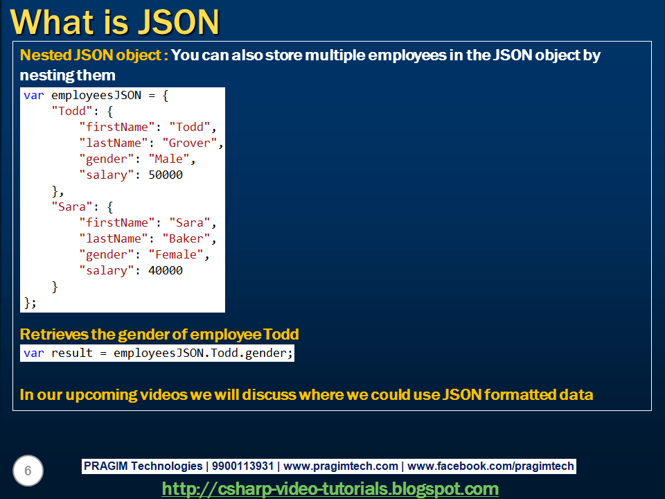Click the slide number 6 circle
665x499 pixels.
click(28, 471)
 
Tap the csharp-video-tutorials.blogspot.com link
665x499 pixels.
click(330, 489)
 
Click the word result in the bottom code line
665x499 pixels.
click(72, 353)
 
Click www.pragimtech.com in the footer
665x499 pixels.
click(341, 466)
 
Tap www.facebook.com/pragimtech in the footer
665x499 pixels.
click(490, 466)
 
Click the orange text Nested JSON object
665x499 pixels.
click(94, 55)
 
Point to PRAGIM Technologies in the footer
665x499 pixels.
click(143, 466)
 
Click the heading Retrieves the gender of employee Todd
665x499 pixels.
click(159, 335)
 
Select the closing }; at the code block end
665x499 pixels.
click(30, 303)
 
